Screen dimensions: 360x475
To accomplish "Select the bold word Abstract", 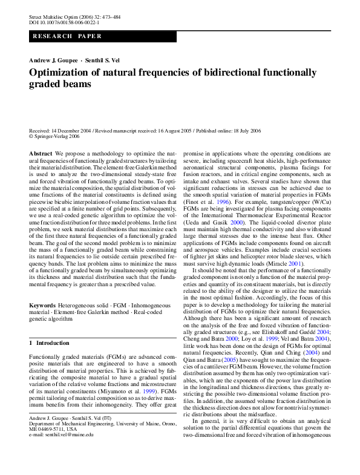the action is coord(41,154).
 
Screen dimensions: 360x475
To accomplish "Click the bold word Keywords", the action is coord(42,307).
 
